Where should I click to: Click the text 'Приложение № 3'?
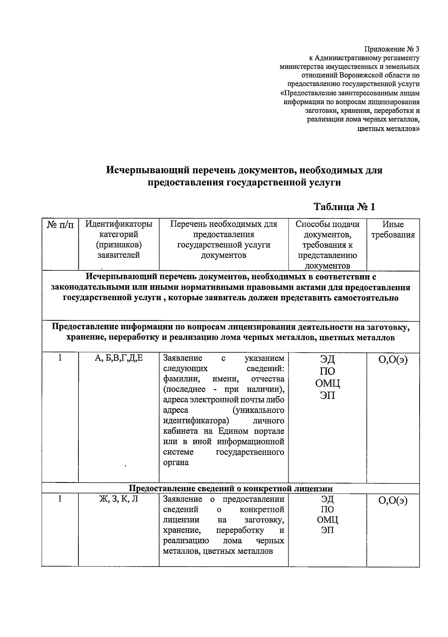coord(392,49)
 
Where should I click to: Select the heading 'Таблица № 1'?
coord(344,206)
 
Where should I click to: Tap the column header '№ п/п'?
coord(60,225)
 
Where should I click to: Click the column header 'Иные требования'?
coord(393,230)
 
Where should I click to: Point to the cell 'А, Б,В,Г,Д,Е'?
coord(119,358)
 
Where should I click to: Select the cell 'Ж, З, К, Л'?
coord(119,499)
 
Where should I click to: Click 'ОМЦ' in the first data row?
coord(327,383)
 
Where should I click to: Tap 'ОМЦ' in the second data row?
coord(327,520)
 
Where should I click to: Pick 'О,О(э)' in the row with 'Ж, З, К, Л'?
coord(393,501)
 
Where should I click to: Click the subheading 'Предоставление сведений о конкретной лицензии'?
coord(230,488)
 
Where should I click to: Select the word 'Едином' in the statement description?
coord(234,431)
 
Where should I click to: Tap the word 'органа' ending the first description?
coord(176,463)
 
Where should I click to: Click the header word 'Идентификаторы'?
coord(119,224)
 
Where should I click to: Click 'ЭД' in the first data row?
coord(327,359)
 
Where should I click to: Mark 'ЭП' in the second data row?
coord(327,530)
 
